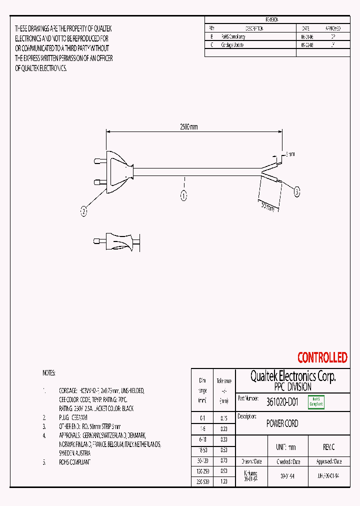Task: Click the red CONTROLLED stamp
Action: [x=322, y=357]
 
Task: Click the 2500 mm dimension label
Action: [x=189, y=127]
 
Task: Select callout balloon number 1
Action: [x=184, y=196]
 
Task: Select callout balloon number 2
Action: [x=84, y=212]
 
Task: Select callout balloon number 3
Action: [x=297, y=191]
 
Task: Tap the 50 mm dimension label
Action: [x=268, y=205]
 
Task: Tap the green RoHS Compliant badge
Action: [x=316, y=402]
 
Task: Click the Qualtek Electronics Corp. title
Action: [x=292, y=376]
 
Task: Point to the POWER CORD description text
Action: [x=282, y=423]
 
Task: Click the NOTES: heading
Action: [x=49, y=373]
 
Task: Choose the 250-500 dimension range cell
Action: [x=203, y=481]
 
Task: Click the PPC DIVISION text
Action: [x=292, y=387]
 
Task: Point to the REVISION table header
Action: [x=272, y=19]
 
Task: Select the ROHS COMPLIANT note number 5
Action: [x=75, y=462]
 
